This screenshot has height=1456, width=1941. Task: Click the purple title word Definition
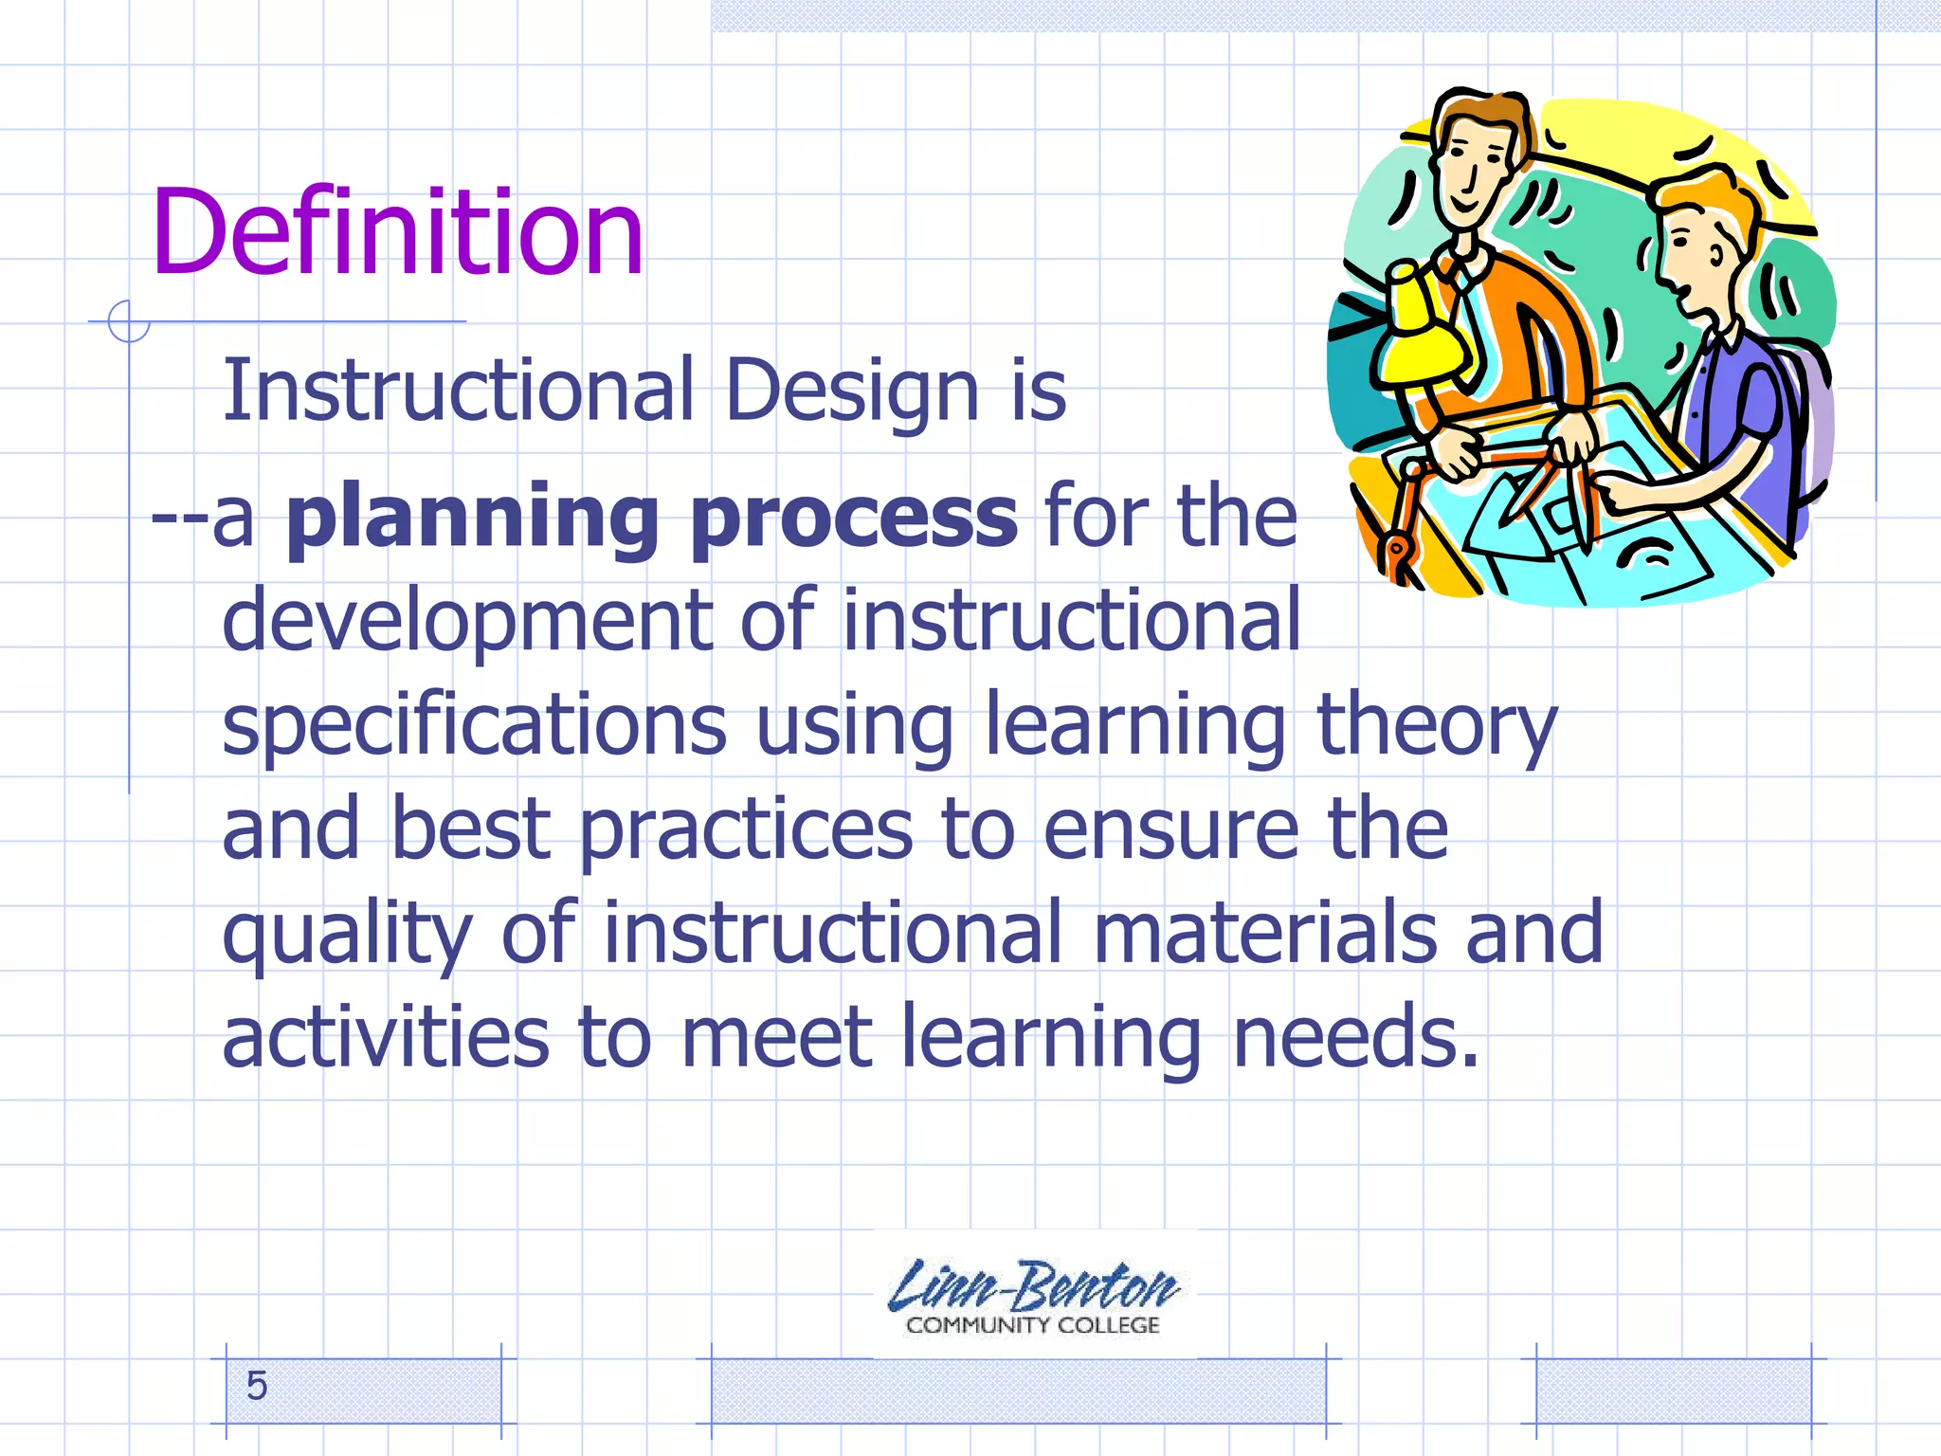(x=397, y=232)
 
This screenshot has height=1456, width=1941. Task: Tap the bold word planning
(x=472, y=519)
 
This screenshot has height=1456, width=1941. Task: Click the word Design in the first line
(x=851, y=391)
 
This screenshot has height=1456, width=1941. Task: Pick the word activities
(x=385, y=1037)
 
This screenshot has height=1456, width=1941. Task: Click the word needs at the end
(x=1355, y=1037)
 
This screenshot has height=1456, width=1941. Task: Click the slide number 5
(x=256, y=1386)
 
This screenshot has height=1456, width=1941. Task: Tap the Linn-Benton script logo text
(x=1032, y=1286)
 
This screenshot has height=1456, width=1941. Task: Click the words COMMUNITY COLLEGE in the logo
(x=1032, y=1325)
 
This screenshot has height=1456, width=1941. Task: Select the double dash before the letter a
(x=177, y=519)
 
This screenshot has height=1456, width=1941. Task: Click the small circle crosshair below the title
(x=128, y=321)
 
